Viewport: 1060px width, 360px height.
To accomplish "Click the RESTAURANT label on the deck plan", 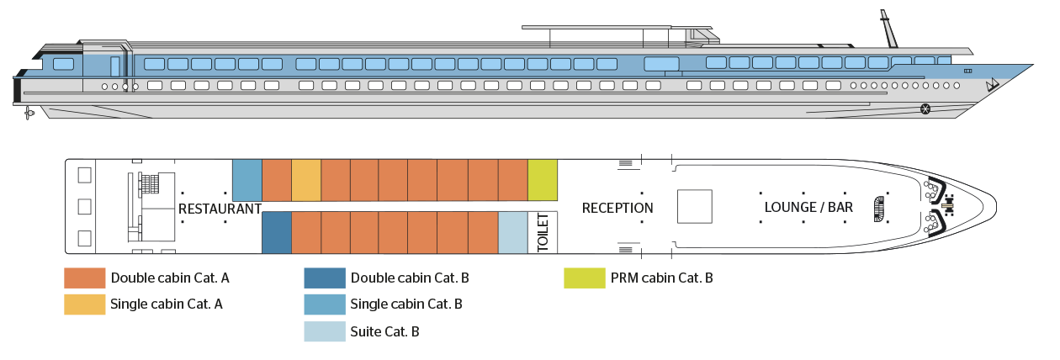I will click(x=220, y=209).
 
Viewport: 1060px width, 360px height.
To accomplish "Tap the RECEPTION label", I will click(x=617, y=208).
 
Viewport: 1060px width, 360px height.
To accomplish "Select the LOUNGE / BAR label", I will click(x=808, y=207).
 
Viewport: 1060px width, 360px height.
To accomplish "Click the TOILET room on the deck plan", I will click(x=543, y=232).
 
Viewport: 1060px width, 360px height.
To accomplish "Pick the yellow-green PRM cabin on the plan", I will click(x=543, y=179).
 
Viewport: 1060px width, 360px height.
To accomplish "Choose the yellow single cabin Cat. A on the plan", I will click(x=306, y=180).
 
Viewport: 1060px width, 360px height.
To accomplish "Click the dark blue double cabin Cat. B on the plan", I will click(x=277, y=232).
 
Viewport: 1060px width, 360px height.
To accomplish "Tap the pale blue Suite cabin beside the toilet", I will click(x=512, y=232).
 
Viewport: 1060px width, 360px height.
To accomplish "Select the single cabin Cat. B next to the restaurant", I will click(x=247, y=179).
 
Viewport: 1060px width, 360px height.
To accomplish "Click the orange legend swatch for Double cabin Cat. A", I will click(x=87, y=278).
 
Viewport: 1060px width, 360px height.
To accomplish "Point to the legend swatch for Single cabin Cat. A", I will click(x=87, y=304).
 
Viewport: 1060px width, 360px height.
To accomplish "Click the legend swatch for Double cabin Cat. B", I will click(x=325, y=278).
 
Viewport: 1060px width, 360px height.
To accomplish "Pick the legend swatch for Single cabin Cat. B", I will click(x=325, y=304).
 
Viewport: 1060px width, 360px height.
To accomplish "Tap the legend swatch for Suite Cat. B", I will click(x=325, y=331).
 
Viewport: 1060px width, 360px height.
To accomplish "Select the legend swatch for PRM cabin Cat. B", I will click(x=585, y=278).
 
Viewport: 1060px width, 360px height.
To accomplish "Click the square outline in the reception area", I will click(x=695, y=206).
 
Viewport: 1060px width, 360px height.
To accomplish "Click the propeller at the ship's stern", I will click(x=30, y=113).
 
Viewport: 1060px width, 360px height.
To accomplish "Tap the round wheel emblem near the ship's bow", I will click(x=926, y=108).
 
